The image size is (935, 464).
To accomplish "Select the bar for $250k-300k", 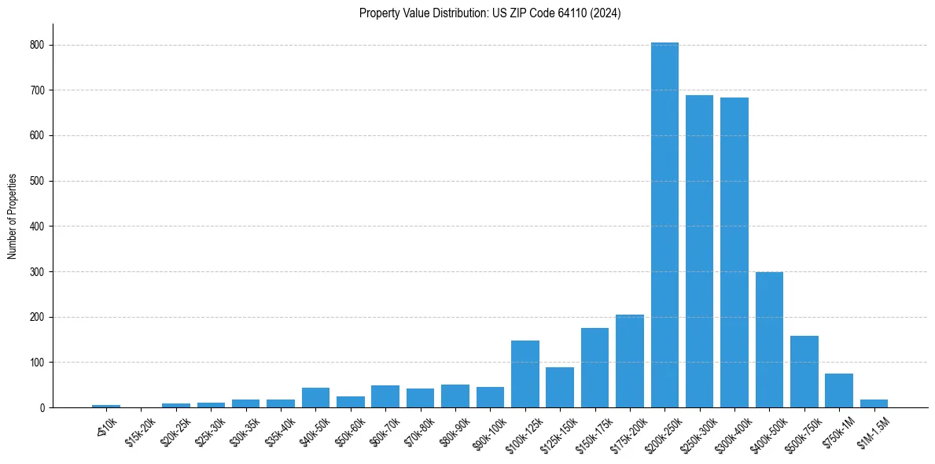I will point(699,252).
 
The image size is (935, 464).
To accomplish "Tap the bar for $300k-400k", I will point(734,252).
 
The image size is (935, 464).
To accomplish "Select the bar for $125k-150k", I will point(560,388).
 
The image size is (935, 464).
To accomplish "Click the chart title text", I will point(490,13).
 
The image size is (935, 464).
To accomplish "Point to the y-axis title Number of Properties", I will point(13,215).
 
